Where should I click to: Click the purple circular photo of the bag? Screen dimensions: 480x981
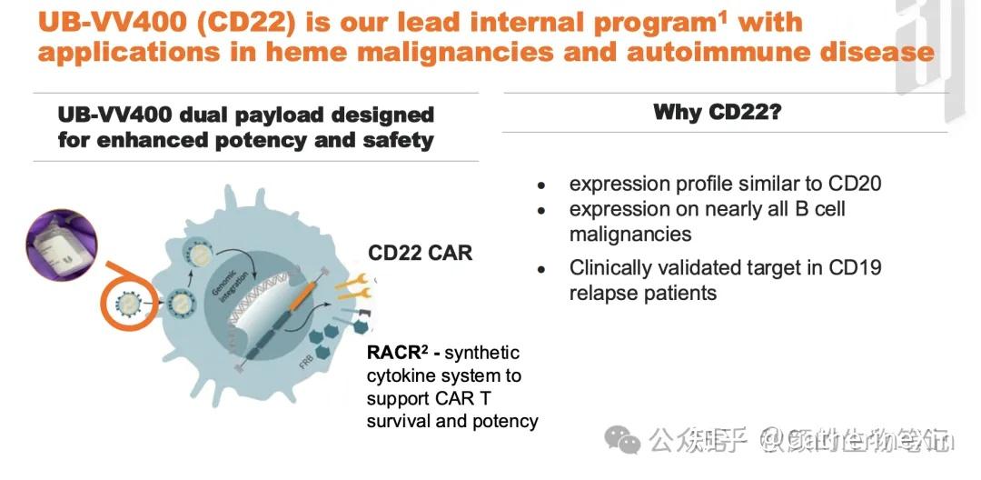point(61,245)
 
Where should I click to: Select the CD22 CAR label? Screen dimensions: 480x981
point(420,253)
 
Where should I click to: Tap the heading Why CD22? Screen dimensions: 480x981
point(718,113)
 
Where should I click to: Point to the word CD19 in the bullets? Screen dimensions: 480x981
point(854,268)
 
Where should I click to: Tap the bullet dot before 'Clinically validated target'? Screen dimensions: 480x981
point(541,270)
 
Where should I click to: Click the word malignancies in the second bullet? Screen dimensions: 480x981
point(629,235)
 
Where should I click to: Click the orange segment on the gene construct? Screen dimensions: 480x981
point(300,296)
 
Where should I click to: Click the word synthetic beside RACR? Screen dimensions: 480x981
point(483,353)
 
